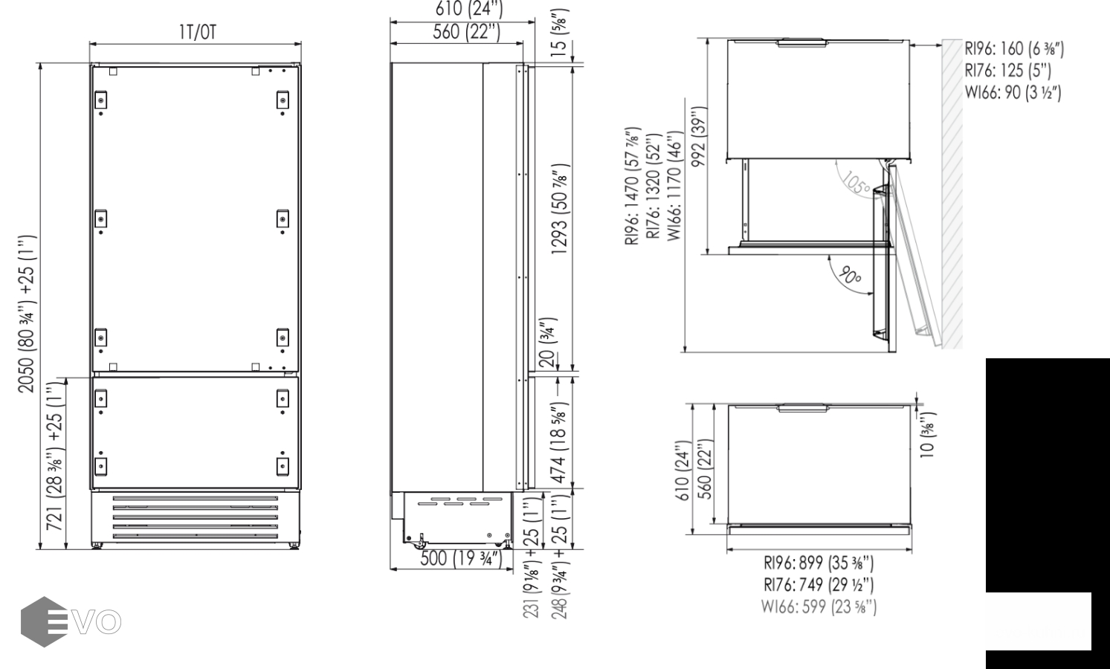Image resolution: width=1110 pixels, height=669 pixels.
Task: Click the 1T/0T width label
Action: coord(197,33)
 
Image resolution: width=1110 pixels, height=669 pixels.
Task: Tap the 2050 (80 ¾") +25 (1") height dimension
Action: coord(27,314)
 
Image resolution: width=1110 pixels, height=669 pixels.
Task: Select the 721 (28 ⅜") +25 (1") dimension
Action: coord(55,456)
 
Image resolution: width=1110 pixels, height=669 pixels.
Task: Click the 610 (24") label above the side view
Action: coord(469,9)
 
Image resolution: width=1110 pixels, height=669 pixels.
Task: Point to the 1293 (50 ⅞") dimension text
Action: coord(561,210)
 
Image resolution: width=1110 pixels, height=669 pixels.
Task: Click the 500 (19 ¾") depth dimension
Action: coord(461,558)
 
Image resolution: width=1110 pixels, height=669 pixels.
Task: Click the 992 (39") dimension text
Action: coord(699,136)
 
